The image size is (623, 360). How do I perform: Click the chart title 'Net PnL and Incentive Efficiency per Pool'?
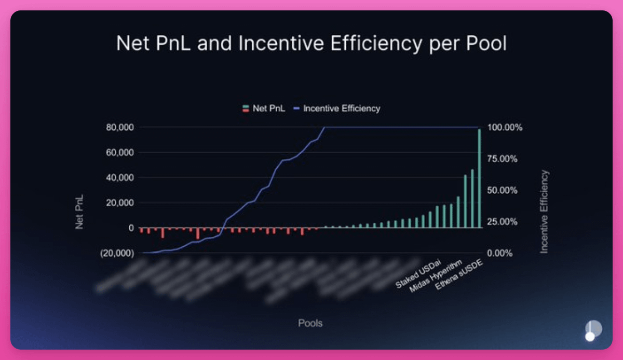coord(311,44)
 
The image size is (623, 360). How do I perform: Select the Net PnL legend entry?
coord(264,109)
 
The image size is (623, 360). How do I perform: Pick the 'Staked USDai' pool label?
coord(414,272)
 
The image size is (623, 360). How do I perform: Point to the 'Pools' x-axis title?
coord(310,323)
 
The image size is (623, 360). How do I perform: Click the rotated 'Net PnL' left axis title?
coord(79,212)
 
